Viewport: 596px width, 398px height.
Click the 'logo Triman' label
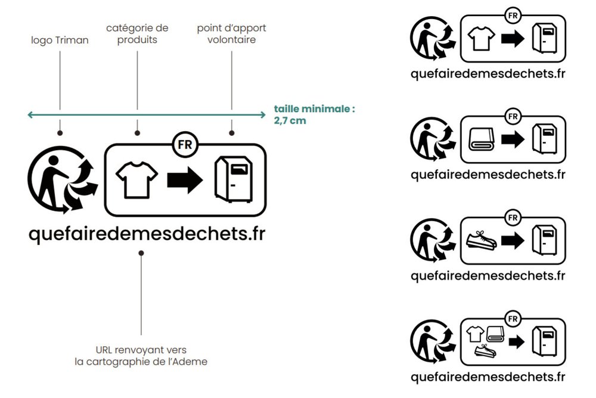[60, 41]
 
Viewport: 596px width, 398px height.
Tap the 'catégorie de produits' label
[137, 34]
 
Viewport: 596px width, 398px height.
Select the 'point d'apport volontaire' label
[231, 34]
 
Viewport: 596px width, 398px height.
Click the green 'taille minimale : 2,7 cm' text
[314, 115]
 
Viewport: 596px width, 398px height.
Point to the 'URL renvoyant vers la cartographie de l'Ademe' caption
[141, 356]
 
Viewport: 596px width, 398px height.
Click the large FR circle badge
[185, 144]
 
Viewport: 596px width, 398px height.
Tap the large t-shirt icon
[137, 180]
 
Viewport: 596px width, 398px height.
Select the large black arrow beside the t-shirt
[185, 180]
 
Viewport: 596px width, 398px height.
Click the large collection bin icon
[234, 179]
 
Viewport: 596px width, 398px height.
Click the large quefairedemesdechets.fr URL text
[147, 234]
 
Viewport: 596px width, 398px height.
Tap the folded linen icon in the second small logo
[481, 139]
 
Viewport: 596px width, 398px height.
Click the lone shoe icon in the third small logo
[481, 240]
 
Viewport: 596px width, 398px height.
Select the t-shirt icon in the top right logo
[481, 38]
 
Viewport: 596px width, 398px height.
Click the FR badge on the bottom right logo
[513, 319]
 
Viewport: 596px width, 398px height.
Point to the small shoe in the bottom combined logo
[485, 350]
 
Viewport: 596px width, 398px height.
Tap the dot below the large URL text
[141, 253]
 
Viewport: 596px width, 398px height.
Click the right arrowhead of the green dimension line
[264, 114]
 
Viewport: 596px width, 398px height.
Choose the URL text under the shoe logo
[488, 276]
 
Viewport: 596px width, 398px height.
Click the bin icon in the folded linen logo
[545, 139]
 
